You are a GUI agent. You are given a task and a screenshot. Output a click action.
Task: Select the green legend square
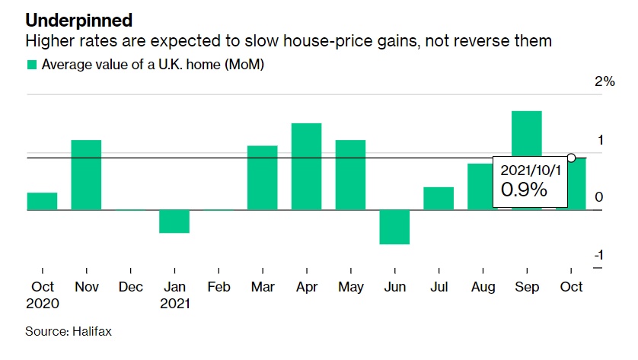[32, 65]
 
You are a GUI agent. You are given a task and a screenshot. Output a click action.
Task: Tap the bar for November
[87, 175]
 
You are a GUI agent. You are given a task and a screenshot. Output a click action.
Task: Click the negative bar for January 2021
[174, 221]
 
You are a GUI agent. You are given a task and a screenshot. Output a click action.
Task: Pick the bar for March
[263, 177]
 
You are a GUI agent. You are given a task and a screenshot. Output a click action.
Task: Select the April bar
[306, 167]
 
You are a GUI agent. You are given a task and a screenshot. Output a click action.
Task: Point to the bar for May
[350, 175]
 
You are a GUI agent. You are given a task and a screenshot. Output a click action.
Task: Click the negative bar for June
[394, 227]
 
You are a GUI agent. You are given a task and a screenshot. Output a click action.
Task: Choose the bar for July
[439, 198]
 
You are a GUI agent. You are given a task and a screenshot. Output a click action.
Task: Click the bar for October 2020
[43, 201]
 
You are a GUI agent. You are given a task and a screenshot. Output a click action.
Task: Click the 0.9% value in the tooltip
[524, 190]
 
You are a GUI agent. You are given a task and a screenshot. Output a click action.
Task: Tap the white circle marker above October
[571, 158]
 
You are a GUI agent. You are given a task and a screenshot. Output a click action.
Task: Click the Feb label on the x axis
[219, 288]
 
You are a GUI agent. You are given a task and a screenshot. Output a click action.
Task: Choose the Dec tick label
[131, 288]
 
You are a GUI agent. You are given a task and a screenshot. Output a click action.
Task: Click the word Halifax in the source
[93, 332]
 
